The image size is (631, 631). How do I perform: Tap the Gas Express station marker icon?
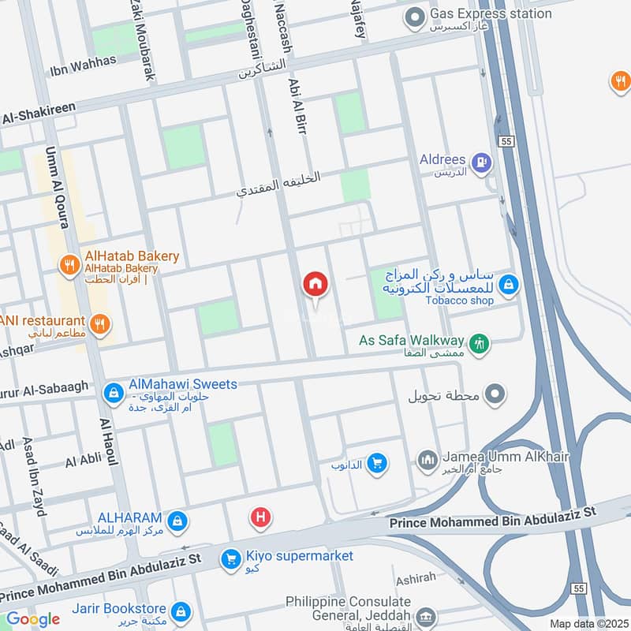click(x=414, y=15)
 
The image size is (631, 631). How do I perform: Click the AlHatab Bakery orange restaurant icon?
click(x=70, y=265)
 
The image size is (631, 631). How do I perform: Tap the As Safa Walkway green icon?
click(x=479, y=343)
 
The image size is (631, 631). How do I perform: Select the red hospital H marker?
click(x=259, y=518)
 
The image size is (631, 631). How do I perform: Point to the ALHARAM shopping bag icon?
click(x=178, y=521)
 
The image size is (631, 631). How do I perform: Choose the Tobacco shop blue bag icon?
click(x=509, y=285)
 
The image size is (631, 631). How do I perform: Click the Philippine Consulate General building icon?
click(x=426, y=616)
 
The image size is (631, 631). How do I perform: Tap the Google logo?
click(x=33, y=620)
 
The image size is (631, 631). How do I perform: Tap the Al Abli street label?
click(x=82, y=460)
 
